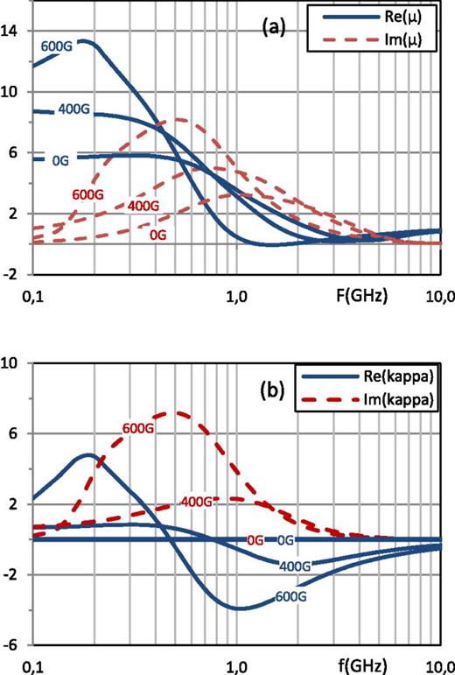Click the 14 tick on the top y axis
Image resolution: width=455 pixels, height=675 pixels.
tap(13, 31)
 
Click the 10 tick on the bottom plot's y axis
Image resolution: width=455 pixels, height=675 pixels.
tap(13, 362)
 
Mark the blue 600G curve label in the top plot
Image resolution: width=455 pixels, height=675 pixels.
tap(56, 46)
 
